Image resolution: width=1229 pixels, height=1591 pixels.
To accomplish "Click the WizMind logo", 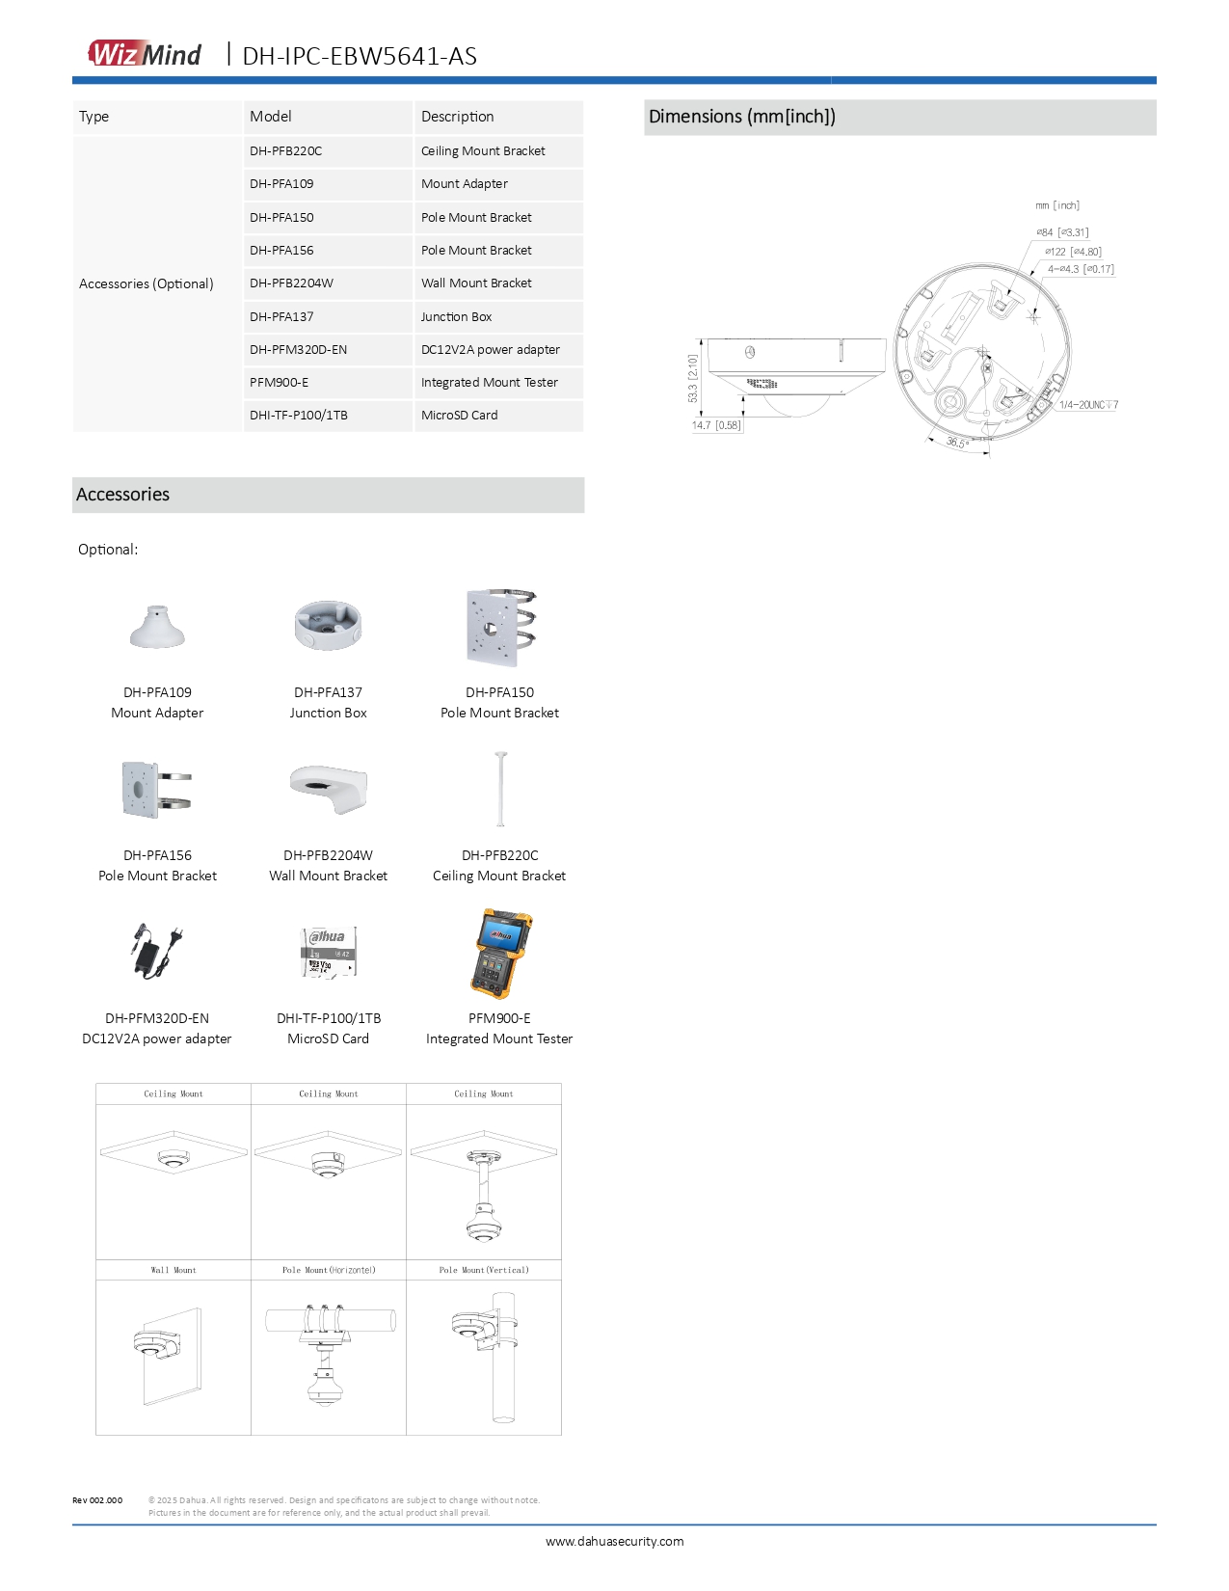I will [146, 54].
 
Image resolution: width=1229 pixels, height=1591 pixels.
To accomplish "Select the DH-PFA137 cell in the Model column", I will [281, 316].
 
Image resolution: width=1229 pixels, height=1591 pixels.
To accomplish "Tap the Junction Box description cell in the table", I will [456, 316].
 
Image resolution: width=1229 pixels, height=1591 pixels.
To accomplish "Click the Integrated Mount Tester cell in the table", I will [489, 383].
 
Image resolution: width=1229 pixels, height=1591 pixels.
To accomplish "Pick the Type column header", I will [94, 117].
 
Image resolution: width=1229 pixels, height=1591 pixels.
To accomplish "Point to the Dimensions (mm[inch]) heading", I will [742, 117].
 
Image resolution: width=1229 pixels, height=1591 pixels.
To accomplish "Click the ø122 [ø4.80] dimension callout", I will [1073, 252].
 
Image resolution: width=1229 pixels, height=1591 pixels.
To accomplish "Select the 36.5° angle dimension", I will [957, 443].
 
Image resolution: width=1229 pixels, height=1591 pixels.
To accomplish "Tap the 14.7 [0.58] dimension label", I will [716, 425].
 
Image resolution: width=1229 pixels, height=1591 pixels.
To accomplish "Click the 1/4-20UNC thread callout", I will [1088, 405].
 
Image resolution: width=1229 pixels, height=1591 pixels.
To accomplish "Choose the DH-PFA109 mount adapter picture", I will [157, 627].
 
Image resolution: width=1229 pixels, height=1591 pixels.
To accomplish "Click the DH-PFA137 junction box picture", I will [328, 625].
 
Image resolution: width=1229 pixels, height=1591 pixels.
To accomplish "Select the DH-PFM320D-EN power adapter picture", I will [155, 951].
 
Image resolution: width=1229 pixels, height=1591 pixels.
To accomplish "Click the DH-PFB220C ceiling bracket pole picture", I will [500, 789].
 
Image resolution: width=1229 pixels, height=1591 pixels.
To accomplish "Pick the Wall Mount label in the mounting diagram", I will [174, 1270].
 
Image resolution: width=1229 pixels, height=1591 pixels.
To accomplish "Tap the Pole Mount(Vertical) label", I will [484, 1270].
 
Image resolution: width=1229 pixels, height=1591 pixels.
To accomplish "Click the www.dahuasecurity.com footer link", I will [614, 1541].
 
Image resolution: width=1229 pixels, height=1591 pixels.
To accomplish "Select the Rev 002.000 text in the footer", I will [97, 1500].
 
